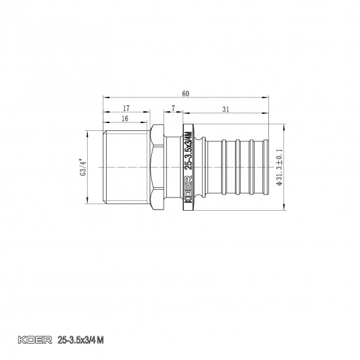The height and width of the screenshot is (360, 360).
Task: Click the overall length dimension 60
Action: [186, 94]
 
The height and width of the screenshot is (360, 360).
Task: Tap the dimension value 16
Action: [124, 119]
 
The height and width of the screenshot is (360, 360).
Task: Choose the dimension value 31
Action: [225, 109]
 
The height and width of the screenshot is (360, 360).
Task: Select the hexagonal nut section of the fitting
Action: [158, 168]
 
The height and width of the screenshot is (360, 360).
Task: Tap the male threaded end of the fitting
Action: [124, 168]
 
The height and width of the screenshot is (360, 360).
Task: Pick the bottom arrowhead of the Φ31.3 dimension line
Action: [285, 210]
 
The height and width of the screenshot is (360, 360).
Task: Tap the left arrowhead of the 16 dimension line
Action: [105, 124]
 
